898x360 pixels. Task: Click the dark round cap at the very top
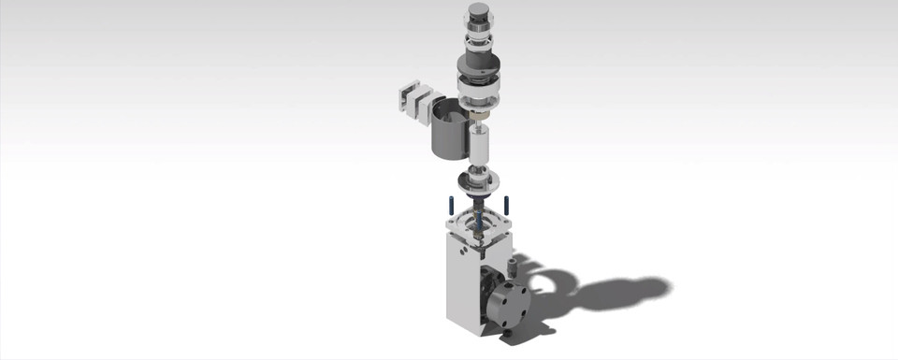479,12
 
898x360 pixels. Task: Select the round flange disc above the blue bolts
479,180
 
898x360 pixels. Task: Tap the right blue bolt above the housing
506,204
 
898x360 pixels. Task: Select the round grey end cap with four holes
509,301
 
